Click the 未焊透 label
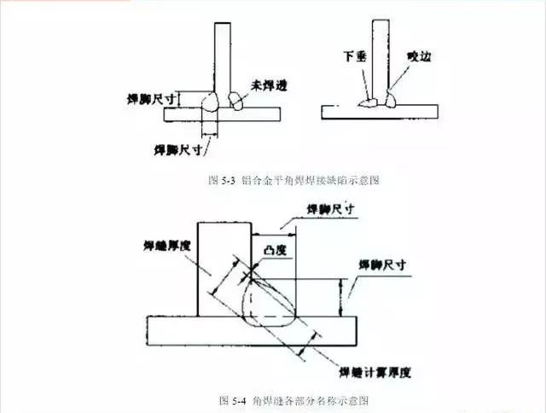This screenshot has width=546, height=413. (267, 84)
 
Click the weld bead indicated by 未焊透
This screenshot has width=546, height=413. (235, 102)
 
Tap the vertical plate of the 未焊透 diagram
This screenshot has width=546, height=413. (221, 60)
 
